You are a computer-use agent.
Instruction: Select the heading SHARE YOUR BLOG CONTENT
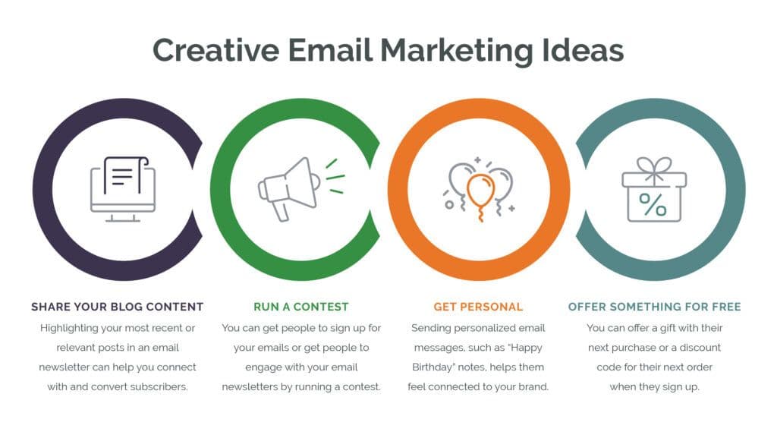(x=118, y=307)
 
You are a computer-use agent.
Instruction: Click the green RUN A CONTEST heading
(x=301, y=307)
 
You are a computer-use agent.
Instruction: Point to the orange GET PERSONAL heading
(x=478, y=307)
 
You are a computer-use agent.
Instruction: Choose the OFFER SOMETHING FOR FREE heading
(x=654, y=307)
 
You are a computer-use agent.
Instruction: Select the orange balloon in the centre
(x=480, y=191)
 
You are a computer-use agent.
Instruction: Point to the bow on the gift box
(x=653, y=166)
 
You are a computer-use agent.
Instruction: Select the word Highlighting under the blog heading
(x=70, y=327)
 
